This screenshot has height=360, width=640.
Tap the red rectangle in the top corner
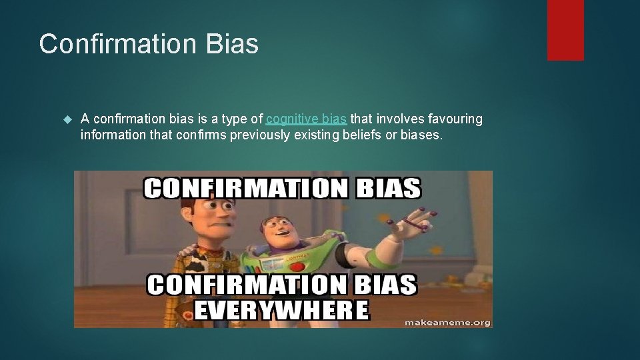tap(565, 30)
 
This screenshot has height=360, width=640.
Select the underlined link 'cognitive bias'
tap(306, 119)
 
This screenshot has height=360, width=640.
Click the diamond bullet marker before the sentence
tap(66, 120)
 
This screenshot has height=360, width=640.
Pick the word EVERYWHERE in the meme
tap(280, 311)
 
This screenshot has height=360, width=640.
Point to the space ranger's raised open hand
tap(420, 219)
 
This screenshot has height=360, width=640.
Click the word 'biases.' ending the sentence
tap(422, 135)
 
